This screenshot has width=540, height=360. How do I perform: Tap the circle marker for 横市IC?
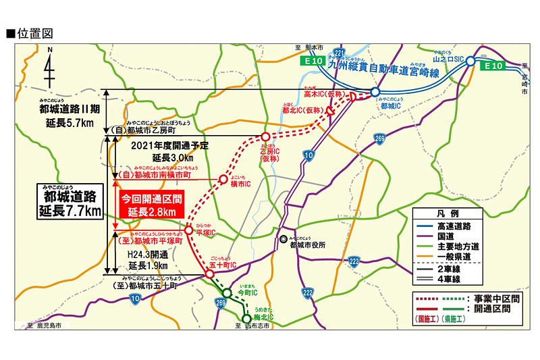222,179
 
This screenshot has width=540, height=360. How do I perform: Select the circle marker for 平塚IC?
188,230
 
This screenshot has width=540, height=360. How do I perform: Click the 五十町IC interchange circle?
209,274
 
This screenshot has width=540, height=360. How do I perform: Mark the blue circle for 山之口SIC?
470,60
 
